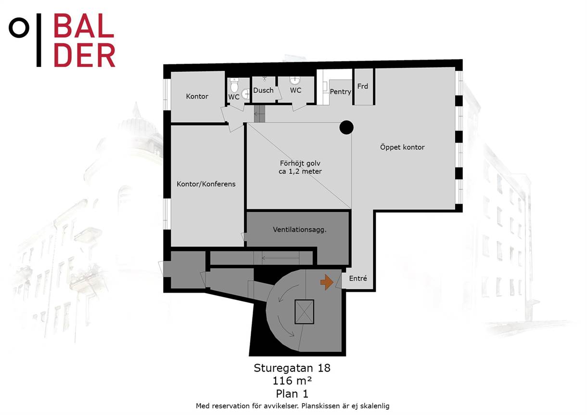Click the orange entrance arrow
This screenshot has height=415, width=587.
click(327, 282)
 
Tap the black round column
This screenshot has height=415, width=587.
click(346, 128)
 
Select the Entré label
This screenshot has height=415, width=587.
click(358, 278)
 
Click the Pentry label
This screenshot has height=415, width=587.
click(340, 92)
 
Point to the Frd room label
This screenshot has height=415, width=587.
click(363, 86)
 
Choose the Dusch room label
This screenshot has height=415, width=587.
click(263, 91)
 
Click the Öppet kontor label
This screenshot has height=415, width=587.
click(402, 147)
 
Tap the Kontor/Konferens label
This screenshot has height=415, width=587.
click(206, 184)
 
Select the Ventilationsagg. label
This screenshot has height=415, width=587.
click(300, 230)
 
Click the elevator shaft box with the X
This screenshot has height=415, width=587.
click(304, 312)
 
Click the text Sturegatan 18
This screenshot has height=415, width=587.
click(292, 368)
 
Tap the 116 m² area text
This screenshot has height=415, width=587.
click(292, 381)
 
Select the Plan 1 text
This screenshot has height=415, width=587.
click(292, 394)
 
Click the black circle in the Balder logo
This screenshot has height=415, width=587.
click(19, 27)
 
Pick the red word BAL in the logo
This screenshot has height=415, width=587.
click(84, 26)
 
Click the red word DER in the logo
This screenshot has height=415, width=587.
click(84, 55)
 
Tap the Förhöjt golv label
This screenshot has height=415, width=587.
click(300, 163)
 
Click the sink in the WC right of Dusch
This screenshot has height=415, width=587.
click(295, 80)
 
